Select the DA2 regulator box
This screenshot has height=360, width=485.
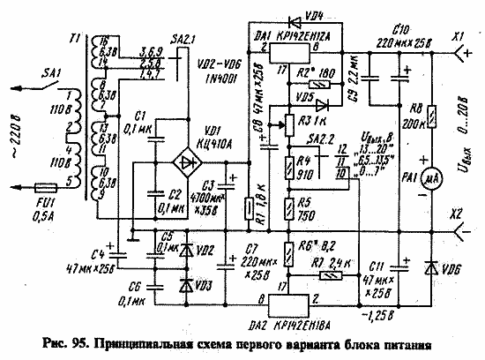[290, 301]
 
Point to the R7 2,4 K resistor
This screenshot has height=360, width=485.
[325, 276]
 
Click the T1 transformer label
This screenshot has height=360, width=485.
[75, 39]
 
